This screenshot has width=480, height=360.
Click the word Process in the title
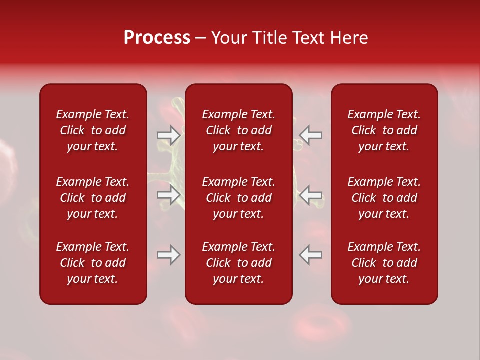(x=157, y=38)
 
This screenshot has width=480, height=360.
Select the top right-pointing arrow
(x=168, y=135)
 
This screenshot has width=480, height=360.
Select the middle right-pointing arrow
(x=168, y=195)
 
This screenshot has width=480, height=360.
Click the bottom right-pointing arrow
(x=168, y=255)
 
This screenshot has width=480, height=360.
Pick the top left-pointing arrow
(x=311, y=135)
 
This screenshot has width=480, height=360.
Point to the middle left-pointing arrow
(x=311, y=195)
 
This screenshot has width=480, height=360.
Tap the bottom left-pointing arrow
(x=311, y=255)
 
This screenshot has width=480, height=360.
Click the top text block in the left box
(x=93, y=130)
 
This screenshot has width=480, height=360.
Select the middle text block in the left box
(x=93, y=198)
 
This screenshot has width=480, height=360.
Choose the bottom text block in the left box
(x=93, y=263)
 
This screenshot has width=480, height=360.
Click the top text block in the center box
(x=239, y=130)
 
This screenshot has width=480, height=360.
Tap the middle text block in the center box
(x=239, y=198)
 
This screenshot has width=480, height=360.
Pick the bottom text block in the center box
(x=239, y=263)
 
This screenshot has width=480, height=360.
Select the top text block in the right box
(x=384, y=130)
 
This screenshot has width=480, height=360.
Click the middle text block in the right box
(x=384, y=198)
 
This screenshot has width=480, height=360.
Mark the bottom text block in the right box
(x=384, y=263)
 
